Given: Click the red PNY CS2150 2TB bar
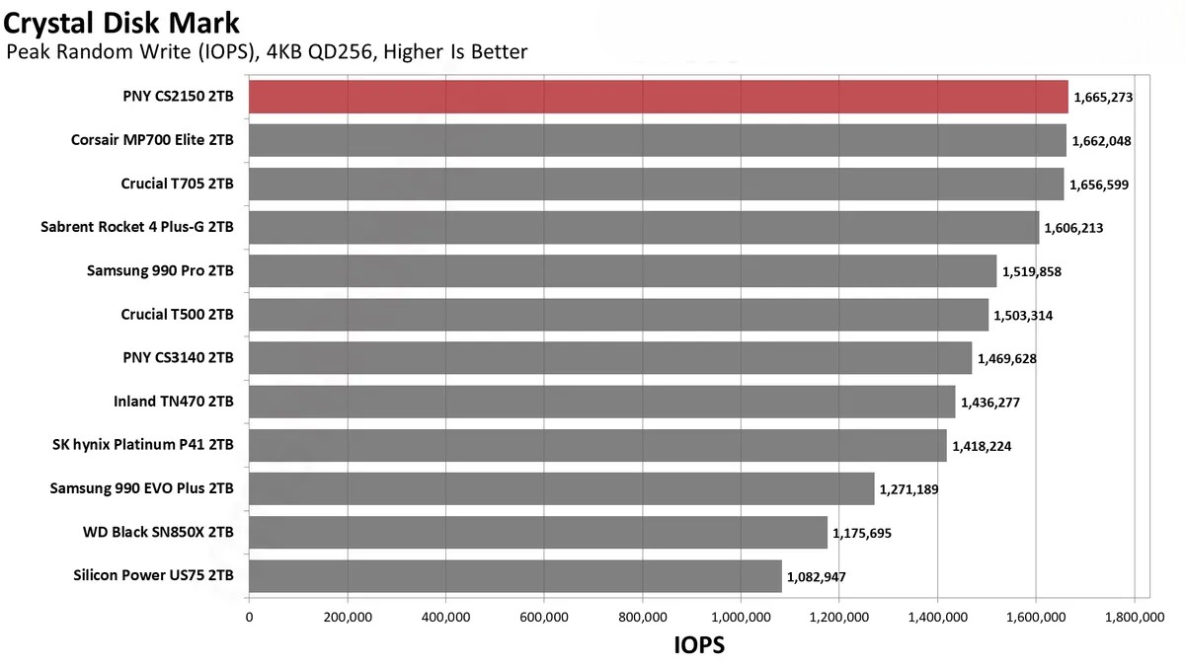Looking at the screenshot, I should [x=658, y=97].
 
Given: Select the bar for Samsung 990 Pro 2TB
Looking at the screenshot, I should [x=622, y=270].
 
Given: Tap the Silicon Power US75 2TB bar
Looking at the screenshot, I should [x=514, y=576].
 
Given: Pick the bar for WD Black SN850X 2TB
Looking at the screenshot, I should [x=537, y=533].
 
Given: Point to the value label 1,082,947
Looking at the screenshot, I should [x=817, y=577].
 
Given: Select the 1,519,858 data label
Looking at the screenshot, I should [x=1032, y=271].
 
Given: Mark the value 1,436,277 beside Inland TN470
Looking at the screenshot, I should [x=990, y=403].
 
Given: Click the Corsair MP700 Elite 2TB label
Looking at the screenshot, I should [x=152, y=140].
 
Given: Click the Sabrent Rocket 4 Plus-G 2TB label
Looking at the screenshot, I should [x=137, y=227].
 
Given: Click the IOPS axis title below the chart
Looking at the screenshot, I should [x=699, y=645].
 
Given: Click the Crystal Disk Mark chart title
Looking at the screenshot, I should [x=122, y=21].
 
